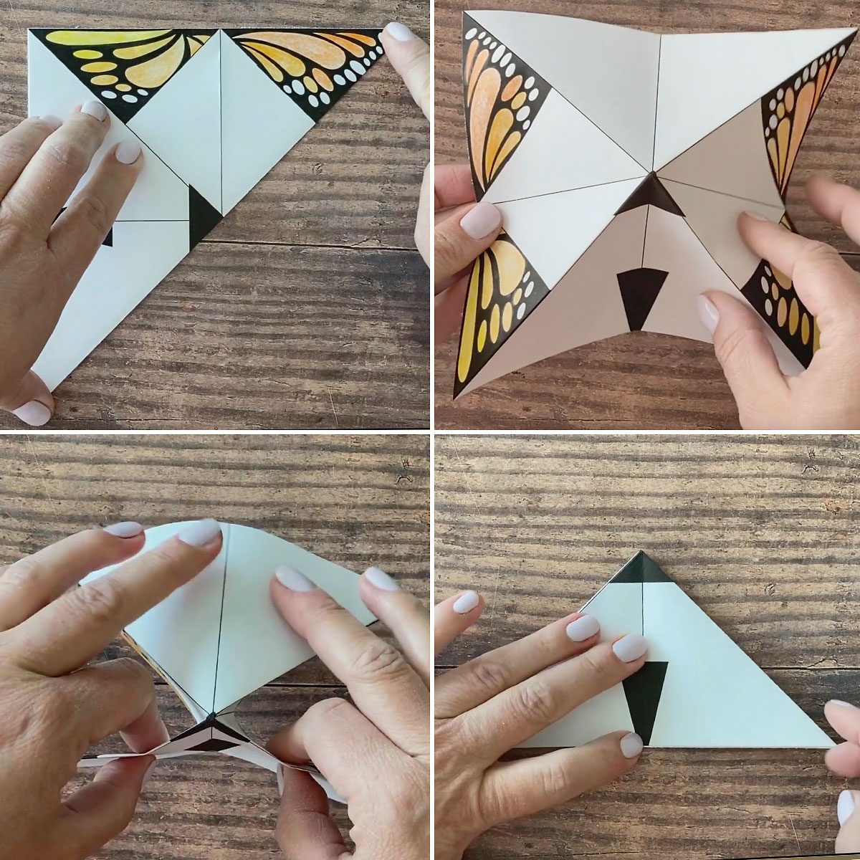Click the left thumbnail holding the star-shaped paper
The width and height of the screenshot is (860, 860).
[482, 217]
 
